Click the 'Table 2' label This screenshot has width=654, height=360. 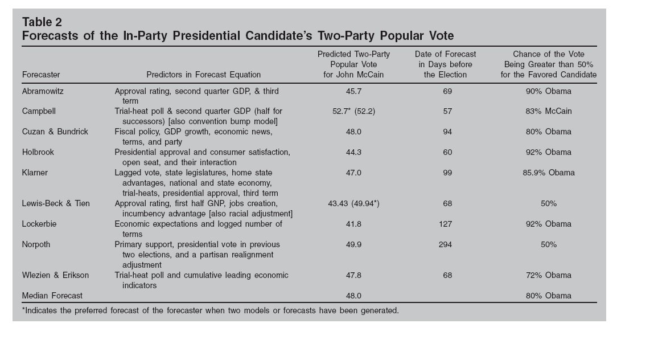point(42,22)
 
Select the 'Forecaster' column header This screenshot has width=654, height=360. point(41,75)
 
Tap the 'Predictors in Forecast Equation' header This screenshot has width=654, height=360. point(203,75)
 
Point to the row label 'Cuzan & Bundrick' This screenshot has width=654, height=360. point(55,132)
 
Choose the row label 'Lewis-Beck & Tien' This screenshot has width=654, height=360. point(56,203)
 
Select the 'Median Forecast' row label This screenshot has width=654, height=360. point(52,296)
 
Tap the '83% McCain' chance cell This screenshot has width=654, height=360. point(549,111)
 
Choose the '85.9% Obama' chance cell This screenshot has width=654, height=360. point(549,173)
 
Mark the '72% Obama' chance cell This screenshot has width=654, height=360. point(549,275)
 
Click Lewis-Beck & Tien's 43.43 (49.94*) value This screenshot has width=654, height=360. point(353,203)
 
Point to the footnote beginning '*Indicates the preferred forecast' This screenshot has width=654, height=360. point(210,310)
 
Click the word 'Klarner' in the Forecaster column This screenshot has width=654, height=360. point(35,173)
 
